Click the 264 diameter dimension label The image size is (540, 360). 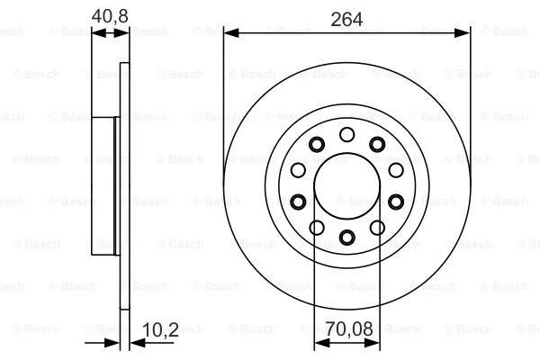pyautogui.click(x=346, y=19)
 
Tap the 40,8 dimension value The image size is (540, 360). pyautogui.click(x=110, y=16)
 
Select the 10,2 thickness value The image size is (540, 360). pyautogui.click(x=160, y=329)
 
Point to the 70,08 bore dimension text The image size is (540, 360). pyautogui.click(x=349, y=328)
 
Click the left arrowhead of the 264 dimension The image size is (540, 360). pyautogui.click(x=231, y=33)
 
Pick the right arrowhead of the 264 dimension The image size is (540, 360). pyautogui.click(x=463, y=33)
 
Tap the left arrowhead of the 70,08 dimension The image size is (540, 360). pyautogui.click(x=322, y=343)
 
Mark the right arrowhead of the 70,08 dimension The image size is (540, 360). pyautogui.click(x=372, y=343)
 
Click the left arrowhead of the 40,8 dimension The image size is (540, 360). pyautogui.click(x=99, y=33)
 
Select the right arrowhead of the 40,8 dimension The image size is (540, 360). pyautogui.click(x=121, y=33)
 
